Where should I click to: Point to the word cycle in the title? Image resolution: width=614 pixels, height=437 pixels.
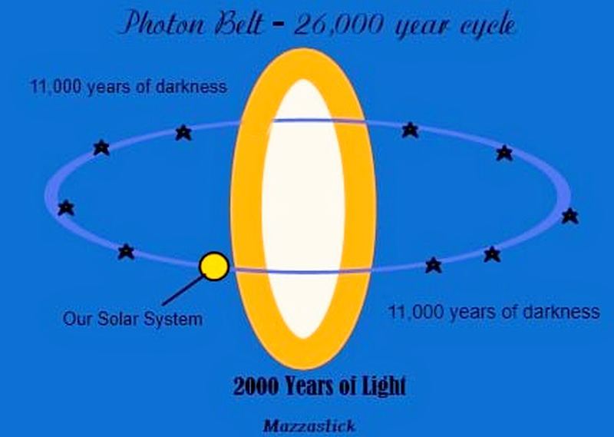tap(482, 26)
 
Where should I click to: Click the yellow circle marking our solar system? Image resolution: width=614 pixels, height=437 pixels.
tap(213, 267)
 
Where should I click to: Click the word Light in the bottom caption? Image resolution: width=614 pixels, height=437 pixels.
tap(380, 386)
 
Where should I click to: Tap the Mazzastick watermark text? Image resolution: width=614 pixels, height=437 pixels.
tap(308, 424)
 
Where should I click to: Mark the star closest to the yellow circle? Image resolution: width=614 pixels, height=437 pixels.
tap(126, 251)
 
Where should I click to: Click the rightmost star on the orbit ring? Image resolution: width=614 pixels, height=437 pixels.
tap(569, 216)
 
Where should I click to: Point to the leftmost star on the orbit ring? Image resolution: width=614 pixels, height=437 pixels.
tap(67, 207)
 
